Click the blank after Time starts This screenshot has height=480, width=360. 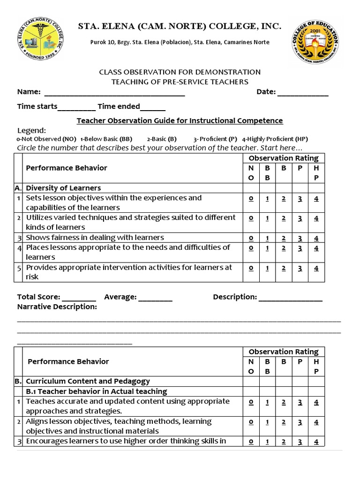tap(77, 107)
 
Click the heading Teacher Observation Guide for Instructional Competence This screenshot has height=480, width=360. tap(180, 121)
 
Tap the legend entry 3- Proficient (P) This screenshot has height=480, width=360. tap(215, 139)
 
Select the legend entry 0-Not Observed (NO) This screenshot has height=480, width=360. tap(46, 139)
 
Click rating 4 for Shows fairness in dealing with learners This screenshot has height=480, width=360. tap(316, 238)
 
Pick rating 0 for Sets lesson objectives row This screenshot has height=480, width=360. tap(251, 198)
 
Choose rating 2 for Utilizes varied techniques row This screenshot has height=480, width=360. tap(284, 218)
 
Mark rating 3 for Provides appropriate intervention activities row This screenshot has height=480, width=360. tap(300, 268)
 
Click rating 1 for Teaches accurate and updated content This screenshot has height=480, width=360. tap(267, 402)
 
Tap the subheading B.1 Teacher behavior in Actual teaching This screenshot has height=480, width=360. tap(96, 391)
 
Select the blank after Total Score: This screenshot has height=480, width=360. tap(79, 298)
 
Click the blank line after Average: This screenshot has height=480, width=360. tap(155, 298)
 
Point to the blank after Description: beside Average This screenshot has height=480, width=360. tap(290, 298)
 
